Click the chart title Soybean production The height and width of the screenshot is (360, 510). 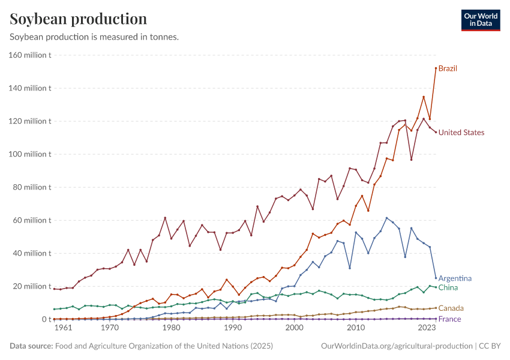(x=79, y=19)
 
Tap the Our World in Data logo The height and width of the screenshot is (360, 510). (x=480, y=20)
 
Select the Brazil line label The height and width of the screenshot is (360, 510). (x=448, y=68)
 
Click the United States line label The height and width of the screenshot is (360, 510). (x=461, y=133)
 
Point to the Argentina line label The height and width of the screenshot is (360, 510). (x=455, y=278)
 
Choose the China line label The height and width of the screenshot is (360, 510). (x=448, y=288)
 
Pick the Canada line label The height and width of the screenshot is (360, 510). (x=451, y=308)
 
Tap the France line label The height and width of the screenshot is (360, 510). (x=449, y=319)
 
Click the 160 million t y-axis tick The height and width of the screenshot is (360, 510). (x=30, y=55)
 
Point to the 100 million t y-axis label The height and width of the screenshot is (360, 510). (x=30, y=154)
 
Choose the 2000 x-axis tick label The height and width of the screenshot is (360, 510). (x=294, y=328)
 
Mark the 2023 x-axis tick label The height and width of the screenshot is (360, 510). (x=426, y=328)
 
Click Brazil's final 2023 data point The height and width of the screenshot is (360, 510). (x=436, y=68)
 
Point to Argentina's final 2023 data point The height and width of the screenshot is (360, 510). (x=436, y=278)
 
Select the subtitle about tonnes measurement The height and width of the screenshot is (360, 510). (x=94, y=37)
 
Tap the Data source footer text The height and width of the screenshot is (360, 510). (x=141, y=346)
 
